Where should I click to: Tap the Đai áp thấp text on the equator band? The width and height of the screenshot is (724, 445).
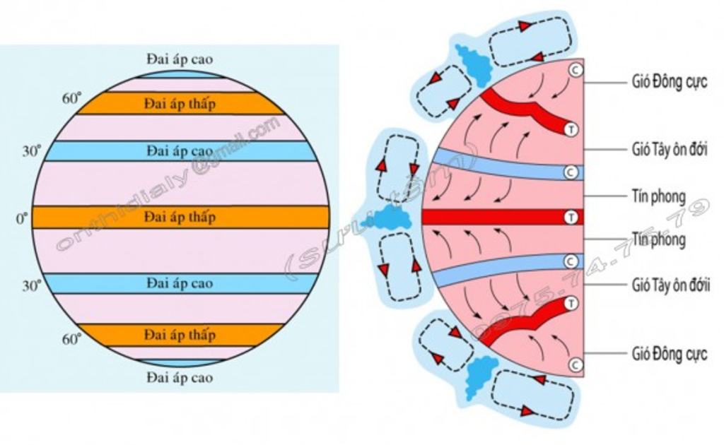coord(180,217)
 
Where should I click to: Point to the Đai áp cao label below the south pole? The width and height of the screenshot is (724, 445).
coord(180,378)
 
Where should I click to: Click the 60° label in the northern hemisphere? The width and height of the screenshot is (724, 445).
coord(71,98)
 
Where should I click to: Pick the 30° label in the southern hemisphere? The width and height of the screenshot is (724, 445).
coord(31,286)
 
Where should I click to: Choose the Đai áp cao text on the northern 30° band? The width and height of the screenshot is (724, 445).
coord(180,150)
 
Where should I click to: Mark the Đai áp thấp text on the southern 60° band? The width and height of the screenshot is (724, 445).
coord(180,335)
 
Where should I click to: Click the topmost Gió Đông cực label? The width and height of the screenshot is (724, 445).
coord(669,82)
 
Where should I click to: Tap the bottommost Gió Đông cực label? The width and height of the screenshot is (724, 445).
coord(669,354)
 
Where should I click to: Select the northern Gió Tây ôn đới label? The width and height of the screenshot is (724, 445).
coord(669,149)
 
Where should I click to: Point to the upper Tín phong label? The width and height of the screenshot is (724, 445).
coord(658,196)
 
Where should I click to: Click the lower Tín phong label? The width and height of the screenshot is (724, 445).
coord(658,239)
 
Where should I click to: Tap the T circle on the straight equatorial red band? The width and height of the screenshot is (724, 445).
coord(571,218)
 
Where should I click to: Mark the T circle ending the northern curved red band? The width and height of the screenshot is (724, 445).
coord(571,129)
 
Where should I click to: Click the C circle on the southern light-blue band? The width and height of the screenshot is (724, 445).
coord(571,261)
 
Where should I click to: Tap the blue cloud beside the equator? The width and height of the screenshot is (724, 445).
coord(388,219)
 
